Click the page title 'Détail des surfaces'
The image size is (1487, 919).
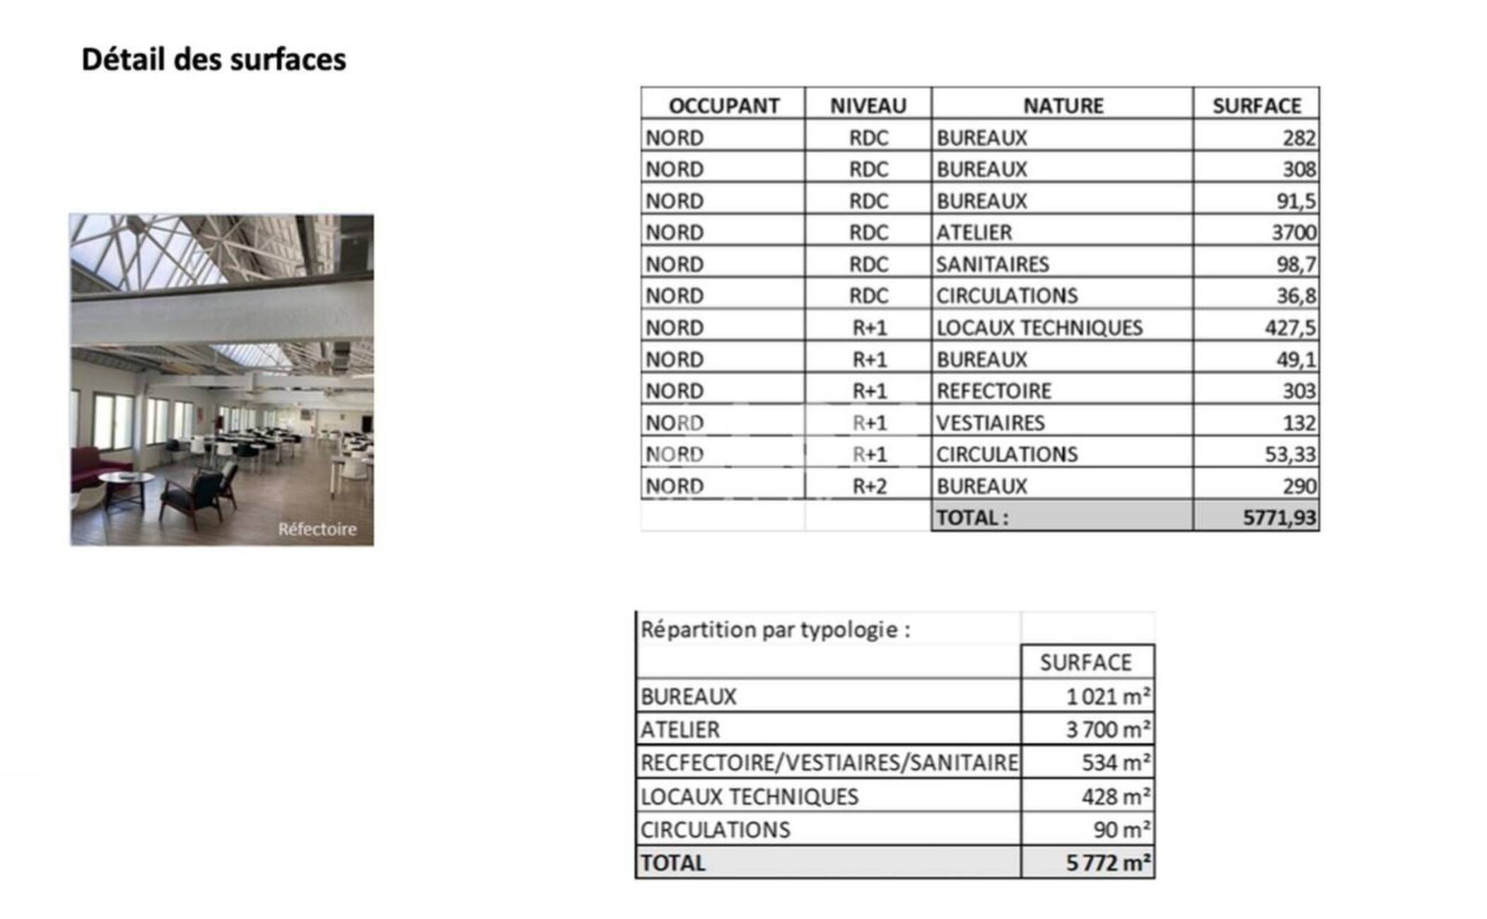(214, 59)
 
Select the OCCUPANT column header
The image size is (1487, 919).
(723, 106)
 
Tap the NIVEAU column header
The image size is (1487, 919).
(868, 106)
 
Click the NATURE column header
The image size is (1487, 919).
(1063, 106)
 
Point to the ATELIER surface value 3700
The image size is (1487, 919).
(1293, 233)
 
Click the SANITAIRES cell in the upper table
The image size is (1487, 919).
(992, 264)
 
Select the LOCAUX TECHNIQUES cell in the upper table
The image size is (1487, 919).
(1039, 328)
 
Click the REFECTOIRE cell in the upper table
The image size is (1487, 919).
(993, 391)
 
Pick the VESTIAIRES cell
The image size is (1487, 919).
(990, 423)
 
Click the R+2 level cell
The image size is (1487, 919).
(869, 486)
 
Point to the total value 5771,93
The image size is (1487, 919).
(1279, 518)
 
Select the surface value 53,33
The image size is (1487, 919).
(1290, 455)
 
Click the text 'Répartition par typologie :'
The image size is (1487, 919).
(775, 629)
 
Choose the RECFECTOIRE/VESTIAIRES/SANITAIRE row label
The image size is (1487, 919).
(829, 763)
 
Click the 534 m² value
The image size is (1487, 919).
(1116, 763)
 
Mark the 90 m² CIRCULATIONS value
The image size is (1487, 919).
(1121, 829)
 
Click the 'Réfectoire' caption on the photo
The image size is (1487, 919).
(317, 529)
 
